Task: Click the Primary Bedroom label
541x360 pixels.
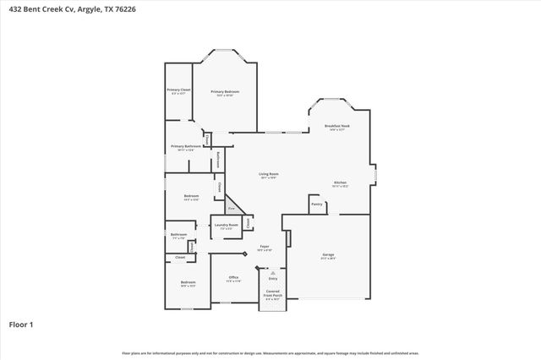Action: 225,91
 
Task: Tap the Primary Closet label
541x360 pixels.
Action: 178,90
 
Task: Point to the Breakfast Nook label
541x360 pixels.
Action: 336,126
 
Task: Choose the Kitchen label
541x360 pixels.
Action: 340,183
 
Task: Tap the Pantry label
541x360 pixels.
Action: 317,204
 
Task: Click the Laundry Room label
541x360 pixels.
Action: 226,225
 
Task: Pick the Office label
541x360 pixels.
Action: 234,277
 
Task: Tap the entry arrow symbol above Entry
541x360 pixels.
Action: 273,272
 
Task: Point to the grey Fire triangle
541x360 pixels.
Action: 232,207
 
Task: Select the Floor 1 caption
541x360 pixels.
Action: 21,324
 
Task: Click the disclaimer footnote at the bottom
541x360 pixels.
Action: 270,352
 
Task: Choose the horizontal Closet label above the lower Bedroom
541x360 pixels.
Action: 180,257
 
